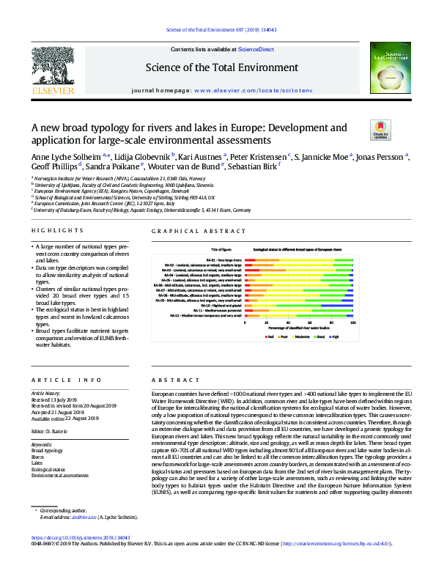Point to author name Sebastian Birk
(254, 168)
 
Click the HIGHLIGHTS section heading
(53, 232)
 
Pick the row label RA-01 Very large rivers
(223, 260)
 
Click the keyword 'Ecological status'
(51, 470)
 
